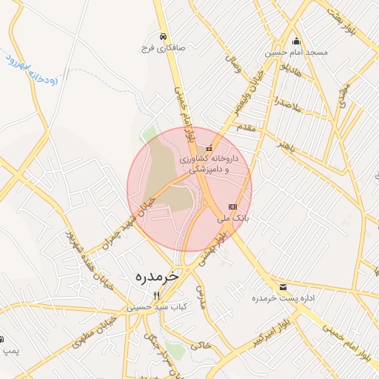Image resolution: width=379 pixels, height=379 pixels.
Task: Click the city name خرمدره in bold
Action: pyautogui.click(x=157, y=275)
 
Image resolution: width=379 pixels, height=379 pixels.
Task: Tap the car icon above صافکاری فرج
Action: pyautogui.click(x=162, y=36)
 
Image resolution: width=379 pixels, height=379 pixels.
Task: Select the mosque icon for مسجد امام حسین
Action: pyautogui.click(x=297, y=41)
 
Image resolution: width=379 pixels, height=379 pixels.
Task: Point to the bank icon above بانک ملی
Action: pyautogui.click(x=233, y=207)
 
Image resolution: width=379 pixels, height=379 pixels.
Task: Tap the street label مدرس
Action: pyautogui.click(x=199, y=296)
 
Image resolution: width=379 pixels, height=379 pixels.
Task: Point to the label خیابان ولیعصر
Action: pyautogui.click(x=247, y=97)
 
